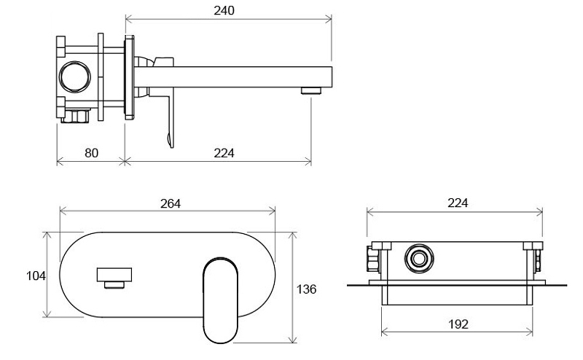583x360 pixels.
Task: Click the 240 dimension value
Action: coord(224,10)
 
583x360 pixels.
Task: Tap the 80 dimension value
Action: coord(92,153)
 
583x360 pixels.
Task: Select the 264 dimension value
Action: coord(171,203)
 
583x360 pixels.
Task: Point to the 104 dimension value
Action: coord(36,276)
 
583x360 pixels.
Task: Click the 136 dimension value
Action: coord(306,289)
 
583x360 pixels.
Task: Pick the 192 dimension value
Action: coord(458,324)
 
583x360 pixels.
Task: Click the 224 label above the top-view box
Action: coord(458,203)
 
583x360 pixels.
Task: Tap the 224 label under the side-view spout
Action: coord(224,153)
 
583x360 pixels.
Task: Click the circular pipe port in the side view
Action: coord(75,77)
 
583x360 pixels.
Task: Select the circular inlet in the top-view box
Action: coord(420,258)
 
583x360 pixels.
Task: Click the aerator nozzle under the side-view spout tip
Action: coord(311,91)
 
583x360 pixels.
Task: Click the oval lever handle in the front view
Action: coord(221,300)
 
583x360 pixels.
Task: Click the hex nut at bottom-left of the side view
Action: coord(77,116)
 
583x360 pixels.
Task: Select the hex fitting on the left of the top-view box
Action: coord(373,259)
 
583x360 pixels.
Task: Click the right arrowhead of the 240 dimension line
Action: coord(329,19)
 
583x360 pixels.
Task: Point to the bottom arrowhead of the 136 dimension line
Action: coord(294,339)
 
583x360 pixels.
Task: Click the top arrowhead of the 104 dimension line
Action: coord(47,236)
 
